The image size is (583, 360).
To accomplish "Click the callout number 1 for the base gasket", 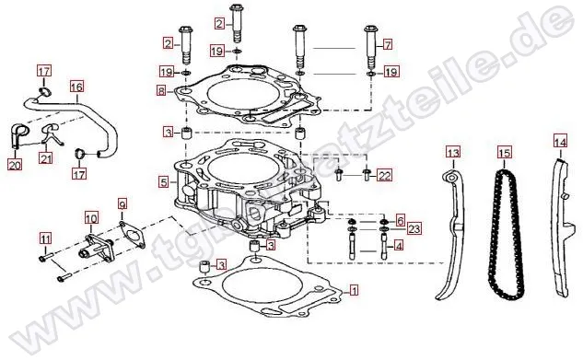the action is click(x=355, y=290).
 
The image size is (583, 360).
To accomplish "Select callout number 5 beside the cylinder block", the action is click(x=163, y=182).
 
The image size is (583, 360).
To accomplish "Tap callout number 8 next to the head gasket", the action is click(x=161, y=90).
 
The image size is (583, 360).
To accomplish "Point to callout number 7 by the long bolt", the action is click(x=388, y=45).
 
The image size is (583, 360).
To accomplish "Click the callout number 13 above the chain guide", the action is click(x=453, y=152).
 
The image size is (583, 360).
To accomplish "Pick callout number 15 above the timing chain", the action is click(x=505, y=152).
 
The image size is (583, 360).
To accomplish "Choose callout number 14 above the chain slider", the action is click(x=560, y=142).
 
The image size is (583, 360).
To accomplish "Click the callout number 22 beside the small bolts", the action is click(x=384, y=175).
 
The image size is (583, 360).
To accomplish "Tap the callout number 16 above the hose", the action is click(x=77, y=87).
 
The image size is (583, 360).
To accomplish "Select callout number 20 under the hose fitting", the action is click(x=15, y=164).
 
